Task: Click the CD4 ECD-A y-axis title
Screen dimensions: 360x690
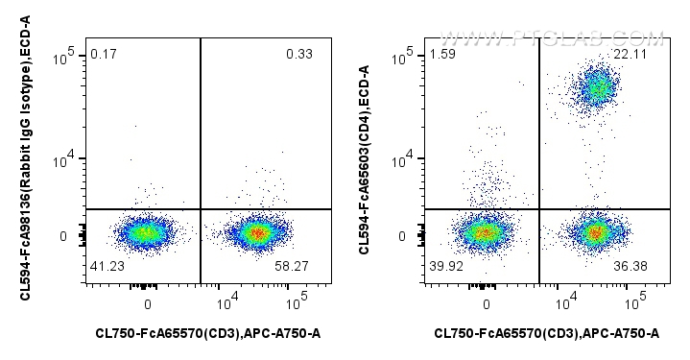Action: pyautogui.click(x=364, y=159)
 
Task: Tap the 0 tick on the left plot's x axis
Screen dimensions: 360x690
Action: pyautogui.click(x=148, y=303)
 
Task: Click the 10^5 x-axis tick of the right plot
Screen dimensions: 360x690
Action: pyautogui.click(x=632, y=303)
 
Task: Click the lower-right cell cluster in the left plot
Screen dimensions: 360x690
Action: pyautogui.click(x=255, y=232)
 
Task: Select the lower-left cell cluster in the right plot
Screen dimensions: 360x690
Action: pyautogui.click(x=485, y=232)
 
